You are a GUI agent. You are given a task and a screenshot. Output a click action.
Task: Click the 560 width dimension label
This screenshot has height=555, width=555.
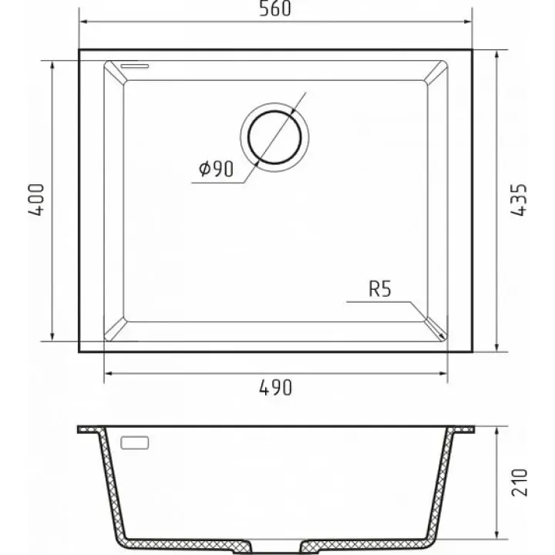coord(275,8)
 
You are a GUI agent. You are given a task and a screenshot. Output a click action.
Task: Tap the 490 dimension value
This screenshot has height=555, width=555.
coord(276,388)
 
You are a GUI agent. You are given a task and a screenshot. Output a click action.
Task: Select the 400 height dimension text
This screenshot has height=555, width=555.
coord(36,200)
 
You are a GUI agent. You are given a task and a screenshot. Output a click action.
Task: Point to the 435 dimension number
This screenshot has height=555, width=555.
coord(520,200)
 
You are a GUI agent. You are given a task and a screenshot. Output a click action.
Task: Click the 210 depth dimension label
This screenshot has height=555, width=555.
coord(520,483)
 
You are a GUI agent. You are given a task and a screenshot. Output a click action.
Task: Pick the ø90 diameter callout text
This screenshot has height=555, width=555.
coord(217,169)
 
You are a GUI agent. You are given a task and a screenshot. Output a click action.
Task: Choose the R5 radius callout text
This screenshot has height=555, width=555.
coord(380,289)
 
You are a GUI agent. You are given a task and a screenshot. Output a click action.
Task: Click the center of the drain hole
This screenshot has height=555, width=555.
coord(274,137)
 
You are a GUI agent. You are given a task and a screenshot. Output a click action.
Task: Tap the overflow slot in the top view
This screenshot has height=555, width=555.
coord(134,66)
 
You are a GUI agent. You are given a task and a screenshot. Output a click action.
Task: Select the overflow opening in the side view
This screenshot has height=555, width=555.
coord(134,442)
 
